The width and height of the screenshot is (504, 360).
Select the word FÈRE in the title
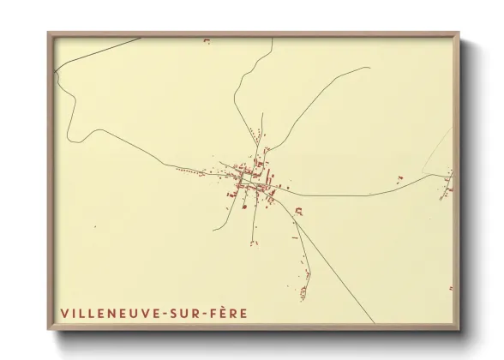(x=229, y=314)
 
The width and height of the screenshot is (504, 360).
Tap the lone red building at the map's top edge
(x=206, y=40)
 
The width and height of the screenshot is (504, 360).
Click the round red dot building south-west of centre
(x=244, y=206)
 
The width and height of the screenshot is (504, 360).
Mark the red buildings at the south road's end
(x=303, y=292)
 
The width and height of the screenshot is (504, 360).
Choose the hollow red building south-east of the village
(x=297, y=210)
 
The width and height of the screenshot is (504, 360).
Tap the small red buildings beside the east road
(x=399, y=178)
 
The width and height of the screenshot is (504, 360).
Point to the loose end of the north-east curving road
(x=369, y=68)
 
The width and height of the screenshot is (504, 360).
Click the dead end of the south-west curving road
(x=213, y=230)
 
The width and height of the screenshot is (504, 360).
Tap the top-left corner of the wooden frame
(x=49, y=34)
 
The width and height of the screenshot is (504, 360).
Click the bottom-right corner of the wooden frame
(x=459, y=329)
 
